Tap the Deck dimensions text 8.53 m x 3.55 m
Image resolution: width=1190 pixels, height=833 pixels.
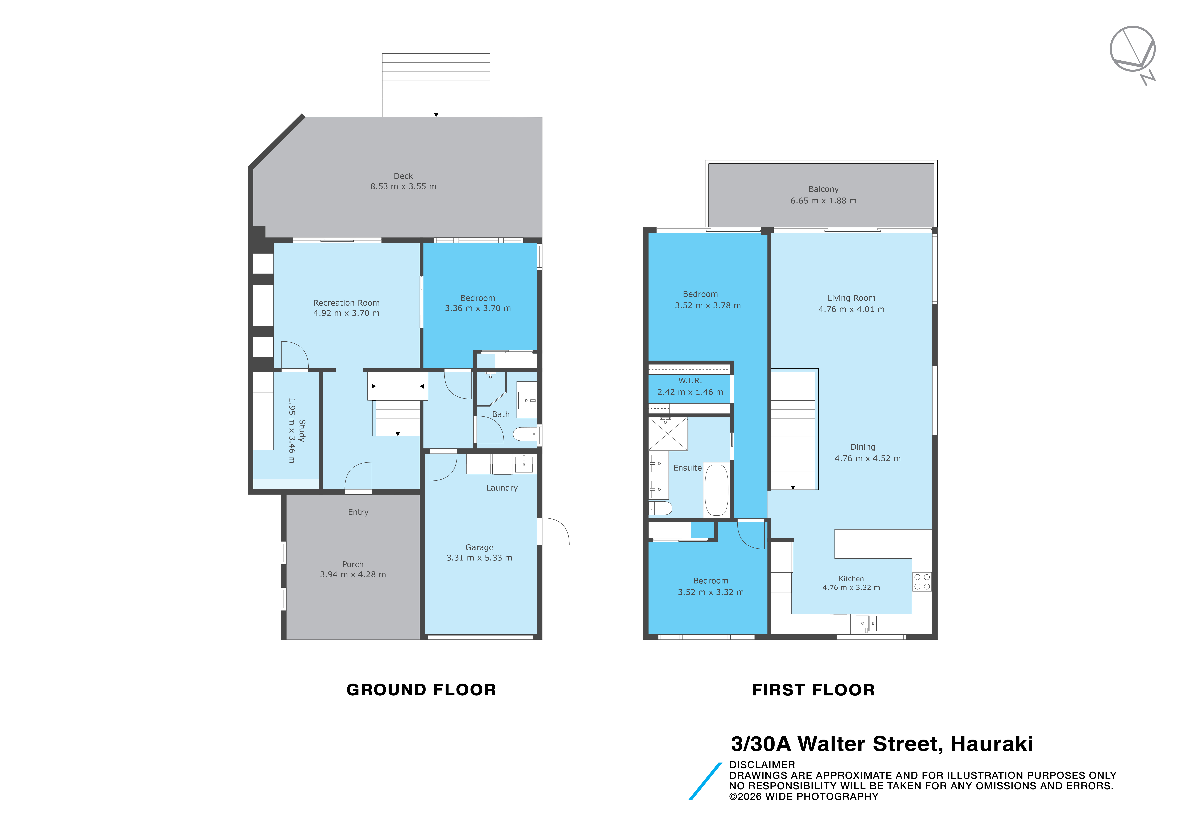click(403, 187)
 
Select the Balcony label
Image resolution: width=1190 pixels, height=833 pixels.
click(823, 189)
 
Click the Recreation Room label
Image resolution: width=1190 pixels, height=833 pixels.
click(346, 303)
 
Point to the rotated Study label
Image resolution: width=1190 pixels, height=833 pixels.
click(302, 430)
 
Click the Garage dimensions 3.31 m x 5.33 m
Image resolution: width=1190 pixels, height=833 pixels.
click(479, 558)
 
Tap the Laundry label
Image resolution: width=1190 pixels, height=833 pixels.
click(502, 488)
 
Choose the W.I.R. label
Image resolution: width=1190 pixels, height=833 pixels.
click(690, 380)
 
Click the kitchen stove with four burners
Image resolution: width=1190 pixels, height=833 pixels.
click(922, 582)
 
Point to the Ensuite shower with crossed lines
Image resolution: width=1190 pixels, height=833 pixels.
click(668, 434)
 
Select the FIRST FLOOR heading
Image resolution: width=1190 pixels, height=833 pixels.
click(813, 690)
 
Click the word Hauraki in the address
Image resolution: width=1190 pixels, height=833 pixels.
click(991, 744)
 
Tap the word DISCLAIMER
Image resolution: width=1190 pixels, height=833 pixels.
click(762, 765)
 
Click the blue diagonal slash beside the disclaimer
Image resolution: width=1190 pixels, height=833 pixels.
click(705, 781)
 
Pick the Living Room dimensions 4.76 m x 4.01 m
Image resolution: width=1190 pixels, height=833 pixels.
click(852, 309)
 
